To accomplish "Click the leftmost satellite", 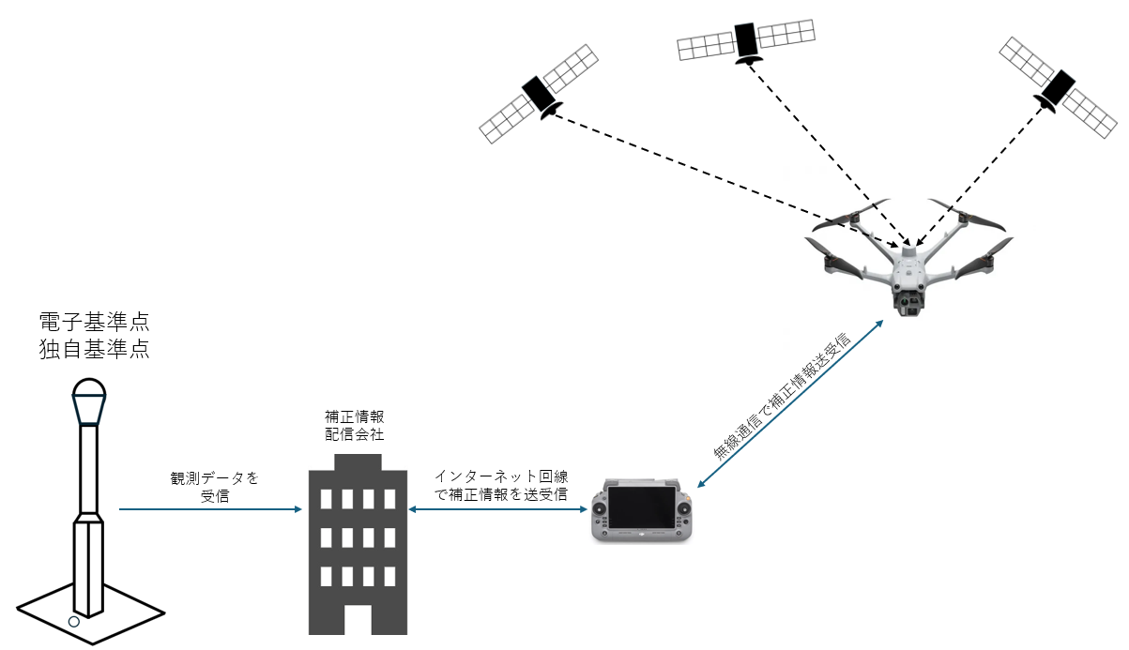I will click(x=539, y=94).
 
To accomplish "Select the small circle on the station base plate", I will click(x=73, y=621).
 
